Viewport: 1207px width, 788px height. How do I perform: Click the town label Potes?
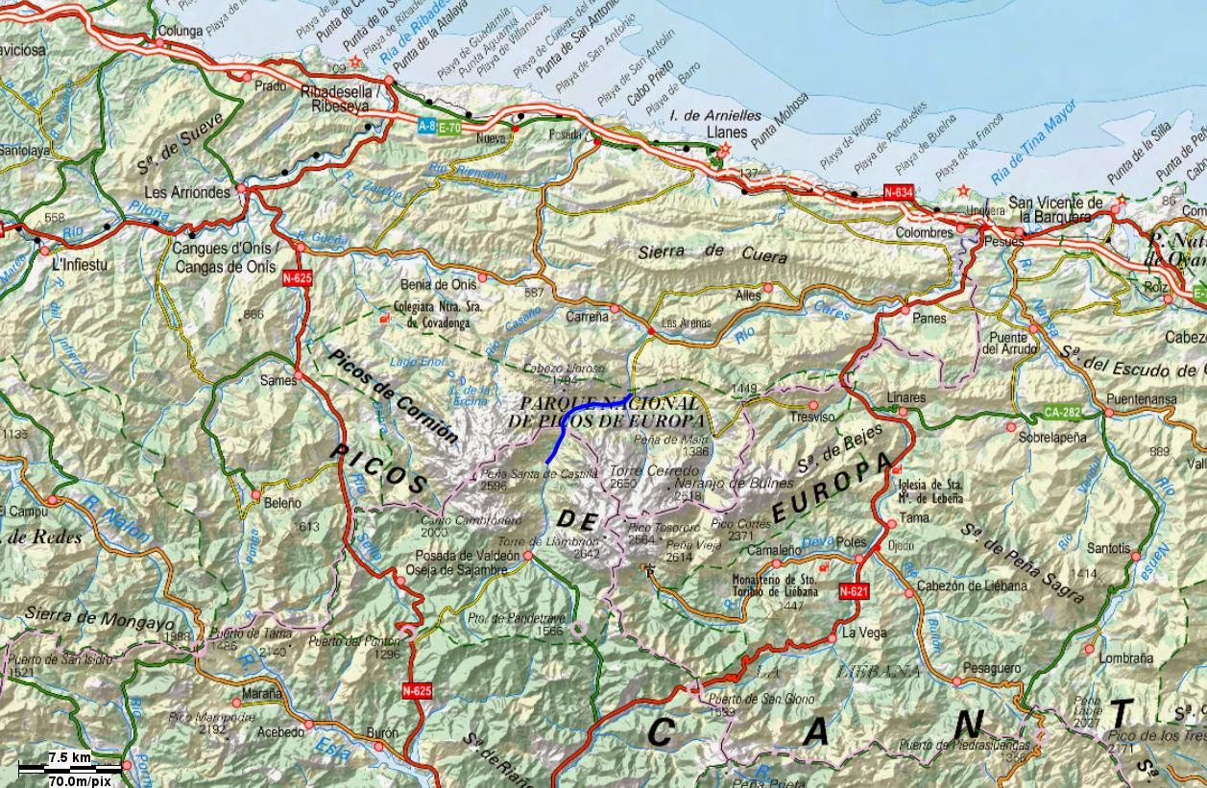tap(851, 541)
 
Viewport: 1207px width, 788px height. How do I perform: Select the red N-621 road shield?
tap(854, 592)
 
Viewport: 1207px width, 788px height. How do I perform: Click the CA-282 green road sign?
tap(1061, 413)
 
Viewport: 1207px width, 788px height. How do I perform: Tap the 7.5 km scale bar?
tap(71, 764)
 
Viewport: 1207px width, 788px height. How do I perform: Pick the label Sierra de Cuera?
tap(712, 253)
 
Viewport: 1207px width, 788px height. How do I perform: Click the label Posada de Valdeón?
tap(461, 556)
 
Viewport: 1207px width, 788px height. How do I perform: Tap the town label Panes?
tap(929, 318)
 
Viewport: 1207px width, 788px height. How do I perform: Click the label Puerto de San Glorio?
tap(760, 699)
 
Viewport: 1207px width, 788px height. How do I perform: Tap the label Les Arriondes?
tap(187, 192)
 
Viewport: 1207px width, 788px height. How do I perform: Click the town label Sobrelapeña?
tap(1052, 437)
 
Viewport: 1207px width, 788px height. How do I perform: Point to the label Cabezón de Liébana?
tap(972, 585)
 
